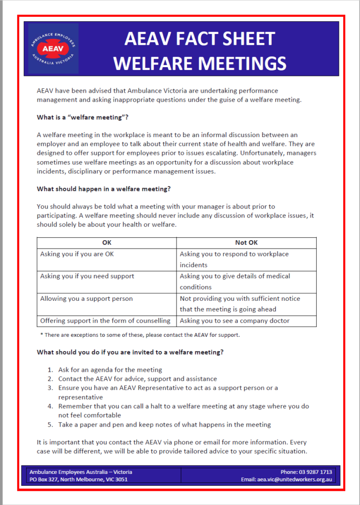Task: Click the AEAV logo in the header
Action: (53, 48)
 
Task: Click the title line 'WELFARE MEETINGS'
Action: (199, 63)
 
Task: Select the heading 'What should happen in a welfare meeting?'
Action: (104, 189)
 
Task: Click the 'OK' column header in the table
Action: (107, 243)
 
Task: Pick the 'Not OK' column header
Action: (246, 243)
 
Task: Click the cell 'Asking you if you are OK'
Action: (77, 254)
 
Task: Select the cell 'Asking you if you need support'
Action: (87, 276)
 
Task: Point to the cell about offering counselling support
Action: (105, 321)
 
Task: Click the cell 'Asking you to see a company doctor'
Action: (235, 321)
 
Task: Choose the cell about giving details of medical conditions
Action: (235, 282)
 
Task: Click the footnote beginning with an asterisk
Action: (140, 335)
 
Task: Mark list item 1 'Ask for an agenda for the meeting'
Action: (110, 369)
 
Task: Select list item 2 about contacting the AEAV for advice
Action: (137, 379)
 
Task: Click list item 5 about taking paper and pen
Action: (164, 425)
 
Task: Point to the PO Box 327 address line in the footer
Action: (78, 479)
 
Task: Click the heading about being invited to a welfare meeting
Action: (130, 352)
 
